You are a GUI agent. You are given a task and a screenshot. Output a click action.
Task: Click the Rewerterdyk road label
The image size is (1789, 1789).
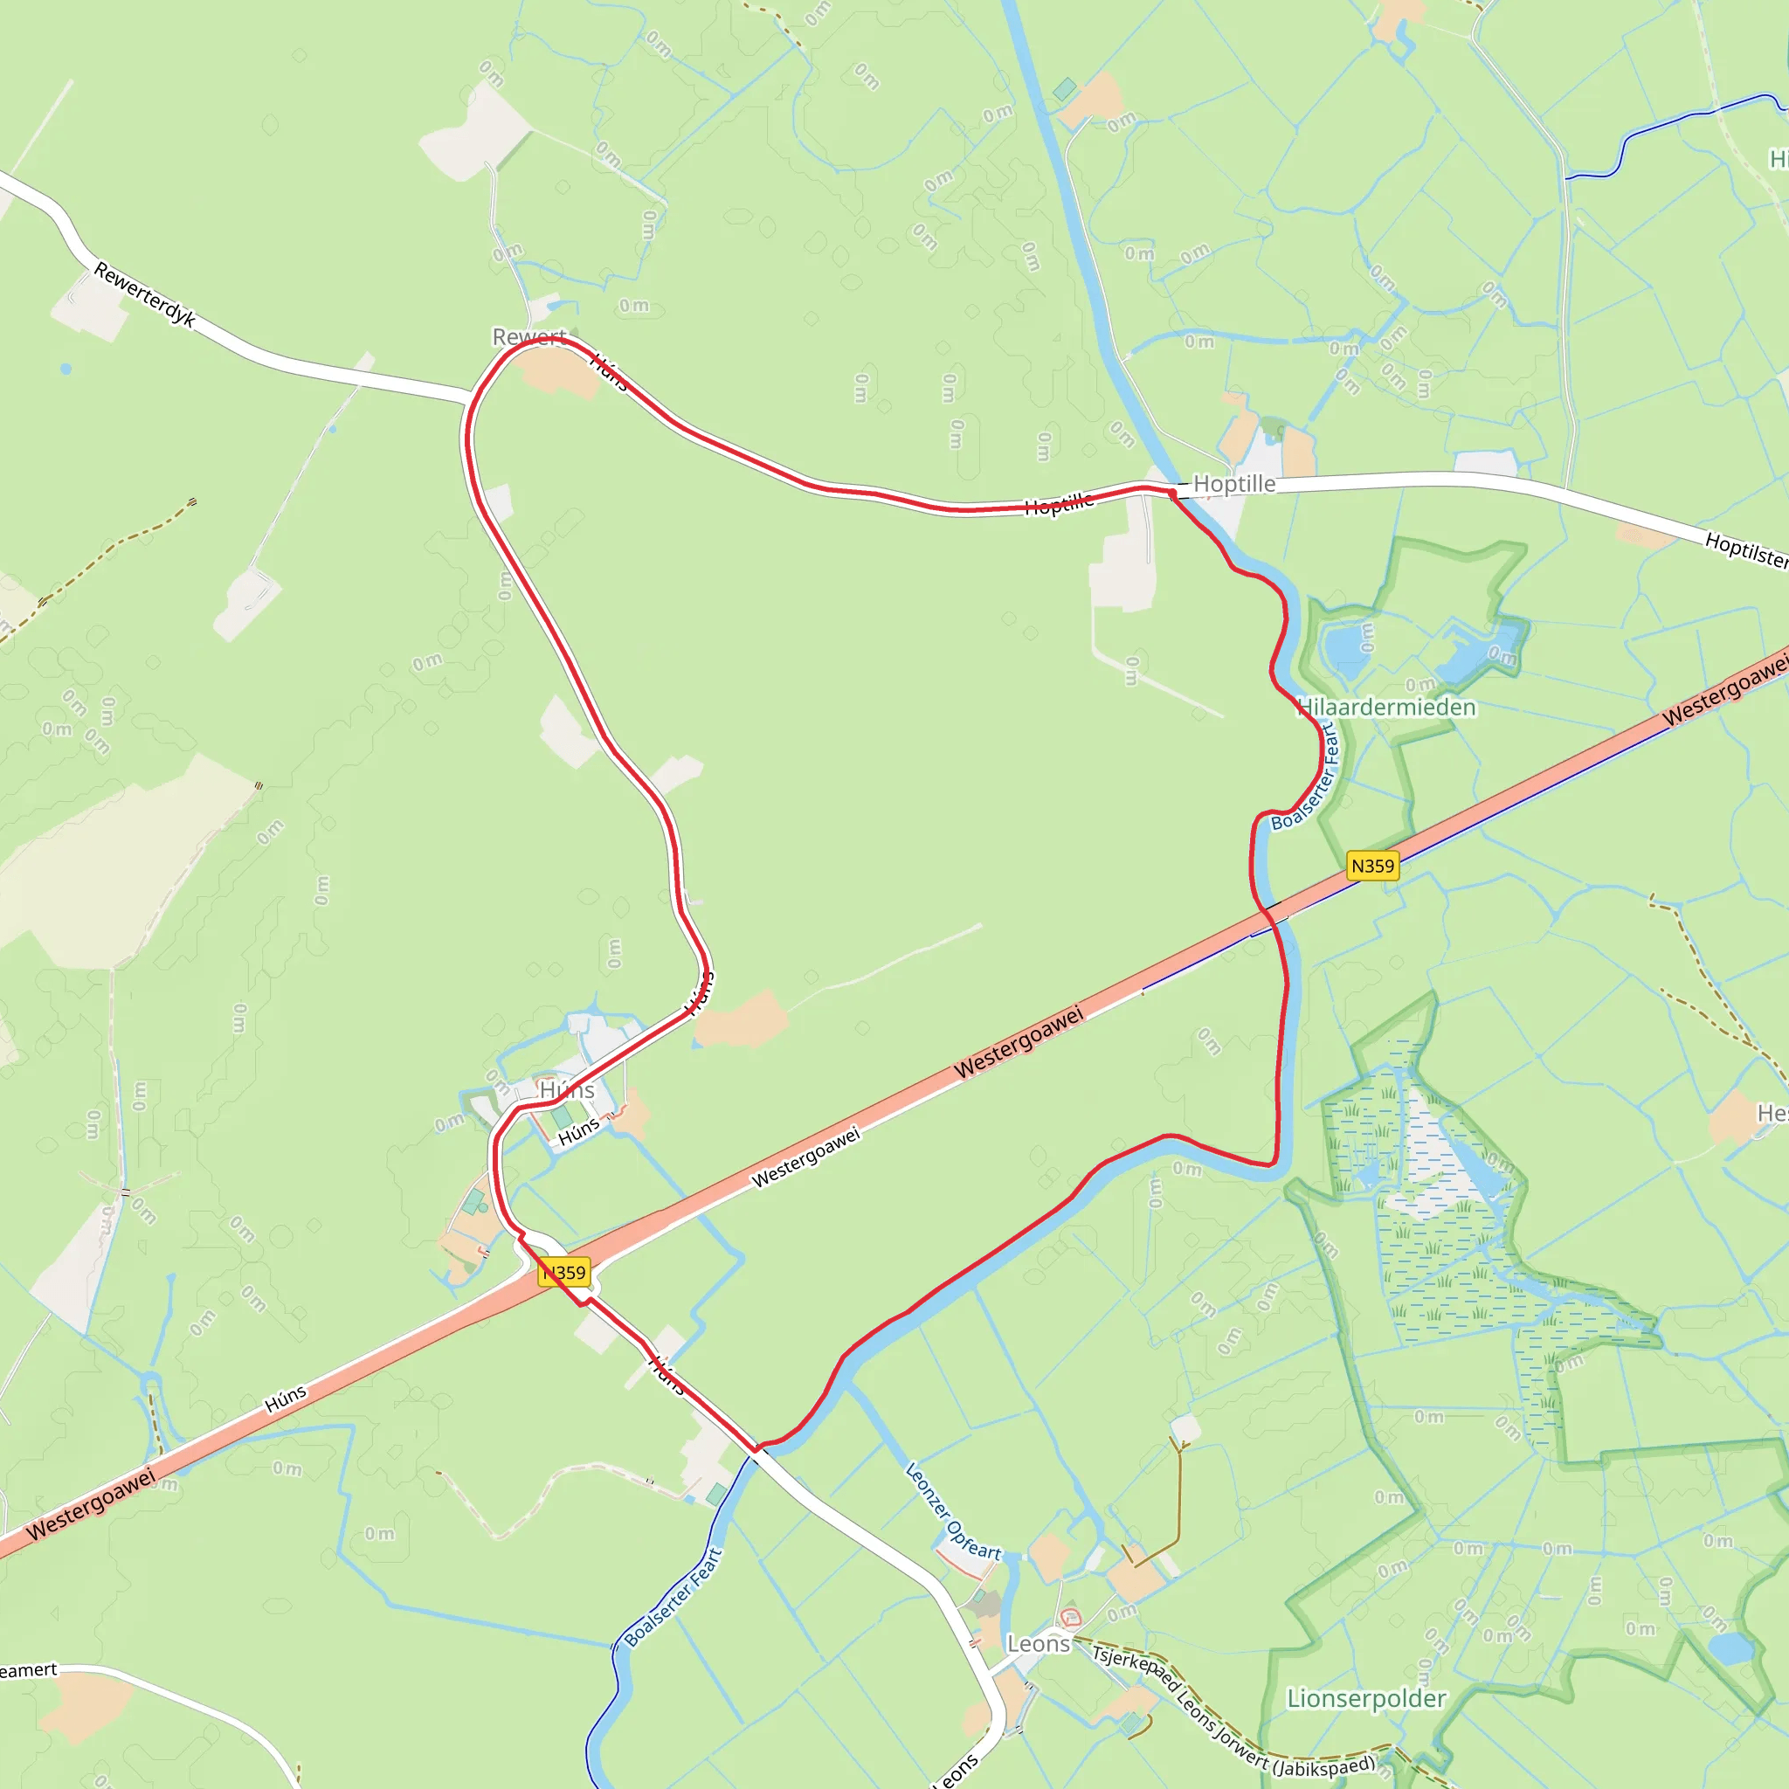pyautogui.click(x=144, y=294)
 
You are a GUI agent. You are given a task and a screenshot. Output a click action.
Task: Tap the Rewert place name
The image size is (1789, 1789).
pyautogui.click(x=528, y=337)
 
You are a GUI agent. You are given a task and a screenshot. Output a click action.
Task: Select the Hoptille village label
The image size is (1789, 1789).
pyautogui.click(x=1233, y=483)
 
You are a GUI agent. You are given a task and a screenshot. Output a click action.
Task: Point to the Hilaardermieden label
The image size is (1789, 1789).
pyautogui.click(x=1386, y=708)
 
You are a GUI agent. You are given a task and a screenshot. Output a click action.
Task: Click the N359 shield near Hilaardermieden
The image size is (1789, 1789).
pyautogui.click(x=1371, y=866)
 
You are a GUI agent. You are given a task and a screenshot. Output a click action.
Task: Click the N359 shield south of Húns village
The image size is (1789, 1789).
pyautogui.click(x=565, y=1272)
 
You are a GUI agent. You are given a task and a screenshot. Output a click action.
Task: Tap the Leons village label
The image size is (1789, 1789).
pyautogui.click(x=1038, y=1644)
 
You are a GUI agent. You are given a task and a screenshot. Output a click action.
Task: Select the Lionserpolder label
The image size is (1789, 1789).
pyautogui.click(x=1366, y=1698)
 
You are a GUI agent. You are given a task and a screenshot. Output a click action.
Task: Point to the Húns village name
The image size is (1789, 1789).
pyautogui.click(x=567, y=1091)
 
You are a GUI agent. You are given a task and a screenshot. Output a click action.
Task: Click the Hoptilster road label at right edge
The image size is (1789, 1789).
pyautogui.click(x=1745, y=550)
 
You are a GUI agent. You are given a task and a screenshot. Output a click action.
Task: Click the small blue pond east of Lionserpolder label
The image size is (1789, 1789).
pyautogui.click(x=1730, y=1649)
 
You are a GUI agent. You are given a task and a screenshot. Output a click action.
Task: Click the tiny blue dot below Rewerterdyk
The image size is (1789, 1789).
pyautogui.click(x=66, y=369)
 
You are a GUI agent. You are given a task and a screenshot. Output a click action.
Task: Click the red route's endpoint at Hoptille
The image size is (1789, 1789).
pyautogui.click(x=1172, y=494)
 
